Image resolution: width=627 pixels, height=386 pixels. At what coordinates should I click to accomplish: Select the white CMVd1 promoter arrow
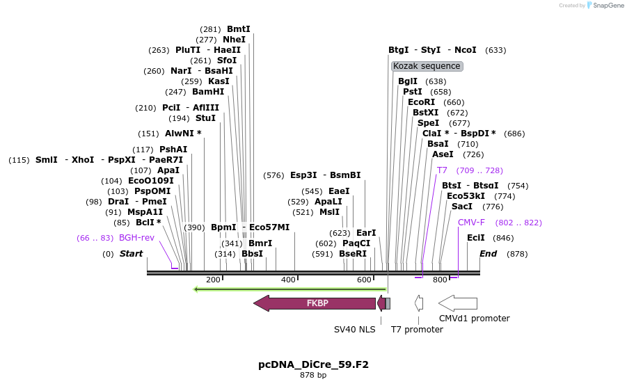pyautogui.click(x=458, y=303)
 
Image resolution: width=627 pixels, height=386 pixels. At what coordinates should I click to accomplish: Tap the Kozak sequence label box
pyautogui.click(x=427, y=66)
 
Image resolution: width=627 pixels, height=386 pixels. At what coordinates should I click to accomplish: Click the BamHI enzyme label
pyautogui.click(x=208, y=92)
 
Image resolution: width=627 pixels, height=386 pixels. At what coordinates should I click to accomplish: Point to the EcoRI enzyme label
pyautogui.click(x=421, y=102)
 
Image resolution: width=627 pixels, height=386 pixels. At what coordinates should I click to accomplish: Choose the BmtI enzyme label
pyautogui.click(x=238, y=29)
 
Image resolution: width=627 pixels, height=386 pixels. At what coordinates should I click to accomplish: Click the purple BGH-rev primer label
pyautogui.click(x=136, y=238)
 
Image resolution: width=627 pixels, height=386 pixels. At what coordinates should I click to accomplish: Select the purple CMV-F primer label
pyautogui.click(x=471, y=223)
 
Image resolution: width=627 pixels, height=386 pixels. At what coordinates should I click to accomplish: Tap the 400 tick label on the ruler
pyautogui.click(x=288, y=280)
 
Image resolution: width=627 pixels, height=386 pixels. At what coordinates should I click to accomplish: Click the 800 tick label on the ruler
pyautogui.click(x=440, y=280)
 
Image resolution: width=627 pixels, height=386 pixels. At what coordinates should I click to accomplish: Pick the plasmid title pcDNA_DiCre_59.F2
pyautogui.click(x=313, y=364)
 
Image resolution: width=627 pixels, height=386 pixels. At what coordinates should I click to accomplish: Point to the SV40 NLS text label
pyautogui.click(x=354, y=329)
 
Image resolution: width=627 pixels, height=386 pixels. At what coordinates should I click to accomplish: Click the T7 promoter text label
pyautogui.click(x=417, y=329)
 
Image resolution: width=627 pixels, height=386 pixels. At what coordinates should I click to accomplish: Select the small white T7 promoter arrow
pyautogui.click(x=419, y=303)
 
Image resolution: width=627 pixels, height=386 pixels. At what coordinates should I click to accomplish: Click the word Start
pyautogui.click(x=131, y=254)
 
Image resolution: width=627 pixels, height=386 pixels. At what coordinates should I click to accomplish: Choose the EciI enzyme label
pyautogui.click(x=476, y=238)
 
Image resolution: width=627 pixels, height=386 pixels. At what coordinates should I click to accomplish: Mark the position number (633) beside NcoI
pyautogui.click(x=495, y=50)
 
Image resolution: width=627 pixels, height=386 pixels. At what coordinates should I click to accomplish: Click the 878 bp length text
pyautogui.click(x=313, y=376)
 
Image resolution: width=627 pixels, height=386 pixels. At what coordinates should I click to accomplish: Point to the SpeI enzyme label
pyautogui.click(x=429, y=123)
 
